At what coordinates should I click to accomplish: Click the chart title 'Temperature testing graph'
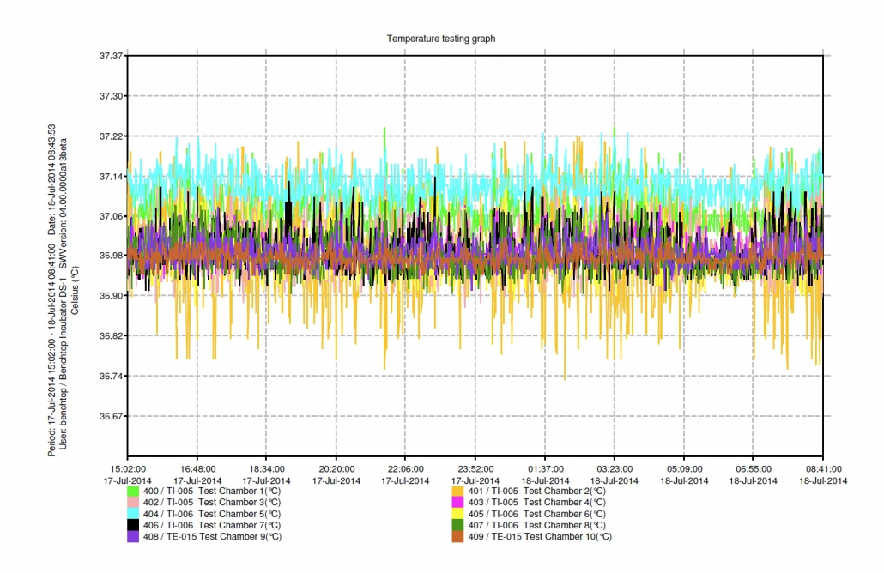pos(440,39)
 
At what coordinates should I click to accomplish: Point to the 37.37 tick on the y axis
pos(112,56)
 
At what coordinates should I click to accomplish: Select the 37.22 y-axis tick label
pos(112,136)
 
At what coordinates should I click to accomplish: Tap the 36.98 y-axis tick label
pos(112,256)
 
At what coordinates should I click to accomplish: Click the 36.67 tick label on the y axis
pos(112,416)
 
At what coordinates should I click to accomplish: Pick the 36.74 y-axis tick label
pos(112,376)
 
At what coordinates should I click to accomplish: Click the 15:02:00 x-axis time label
pos(127,469)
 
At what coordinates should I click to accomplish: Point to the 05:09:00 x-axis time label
pos(683,469)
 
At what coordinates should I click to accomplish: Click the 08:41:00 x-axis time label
pos(823,469)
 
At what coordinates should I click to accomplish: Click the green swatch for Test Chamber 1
pos(133,492)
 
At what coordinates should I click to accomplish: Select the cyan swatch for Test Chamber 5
pos(133,514)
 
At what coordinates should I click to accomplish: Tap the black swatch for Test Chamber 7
pos(133,525)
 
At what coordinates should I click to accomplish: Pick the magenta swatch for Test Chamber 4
pos(457,503)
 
